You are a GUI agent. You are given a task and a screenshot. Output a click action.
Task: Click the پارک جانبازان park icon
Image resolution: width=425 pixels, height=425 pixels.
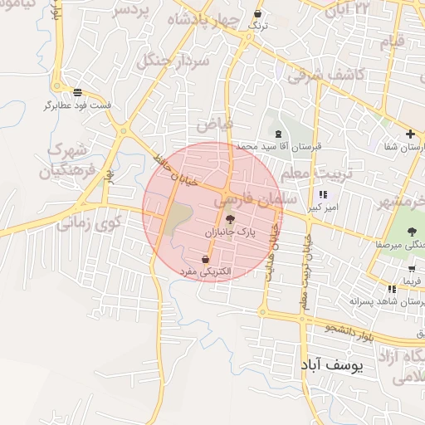click(x=230, y=220)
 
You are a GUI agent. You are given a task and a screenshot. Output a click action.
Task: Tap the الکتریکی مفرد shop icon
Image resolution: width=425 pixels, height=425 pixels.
click(x=205, y=259)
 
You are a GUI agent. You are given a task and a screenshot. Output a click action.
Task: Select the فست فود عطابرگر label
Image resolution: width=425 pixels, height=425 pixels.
click(x=78, y=105)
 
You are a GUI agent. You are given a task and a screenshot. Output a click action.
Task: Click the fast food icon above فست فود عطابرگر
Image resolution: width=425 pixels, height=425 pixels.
click(x=78, y=92)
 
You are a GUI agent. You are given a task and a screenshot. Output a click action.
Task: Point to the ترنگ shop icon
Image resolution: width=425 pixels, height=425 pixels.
click(x=259, y=14)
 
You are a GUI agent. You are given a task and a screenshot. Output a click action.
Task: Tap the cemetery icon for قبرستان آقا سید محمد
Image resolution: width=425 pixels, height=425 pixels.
click(x=277, y=134)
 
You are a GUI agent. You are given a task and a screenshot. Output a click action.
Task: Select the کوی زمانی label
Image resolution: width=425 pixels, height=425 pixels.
click(x=90, y=222)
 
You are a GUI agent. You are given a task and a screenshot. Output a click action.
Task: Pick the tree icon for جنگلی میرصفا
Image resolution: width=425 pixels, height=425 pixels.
click(x=413, y=232)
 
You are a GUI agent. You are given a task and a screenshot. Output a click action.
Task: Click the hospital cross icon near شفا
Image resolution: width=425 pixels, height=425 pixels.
click(x=410, y=134)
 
